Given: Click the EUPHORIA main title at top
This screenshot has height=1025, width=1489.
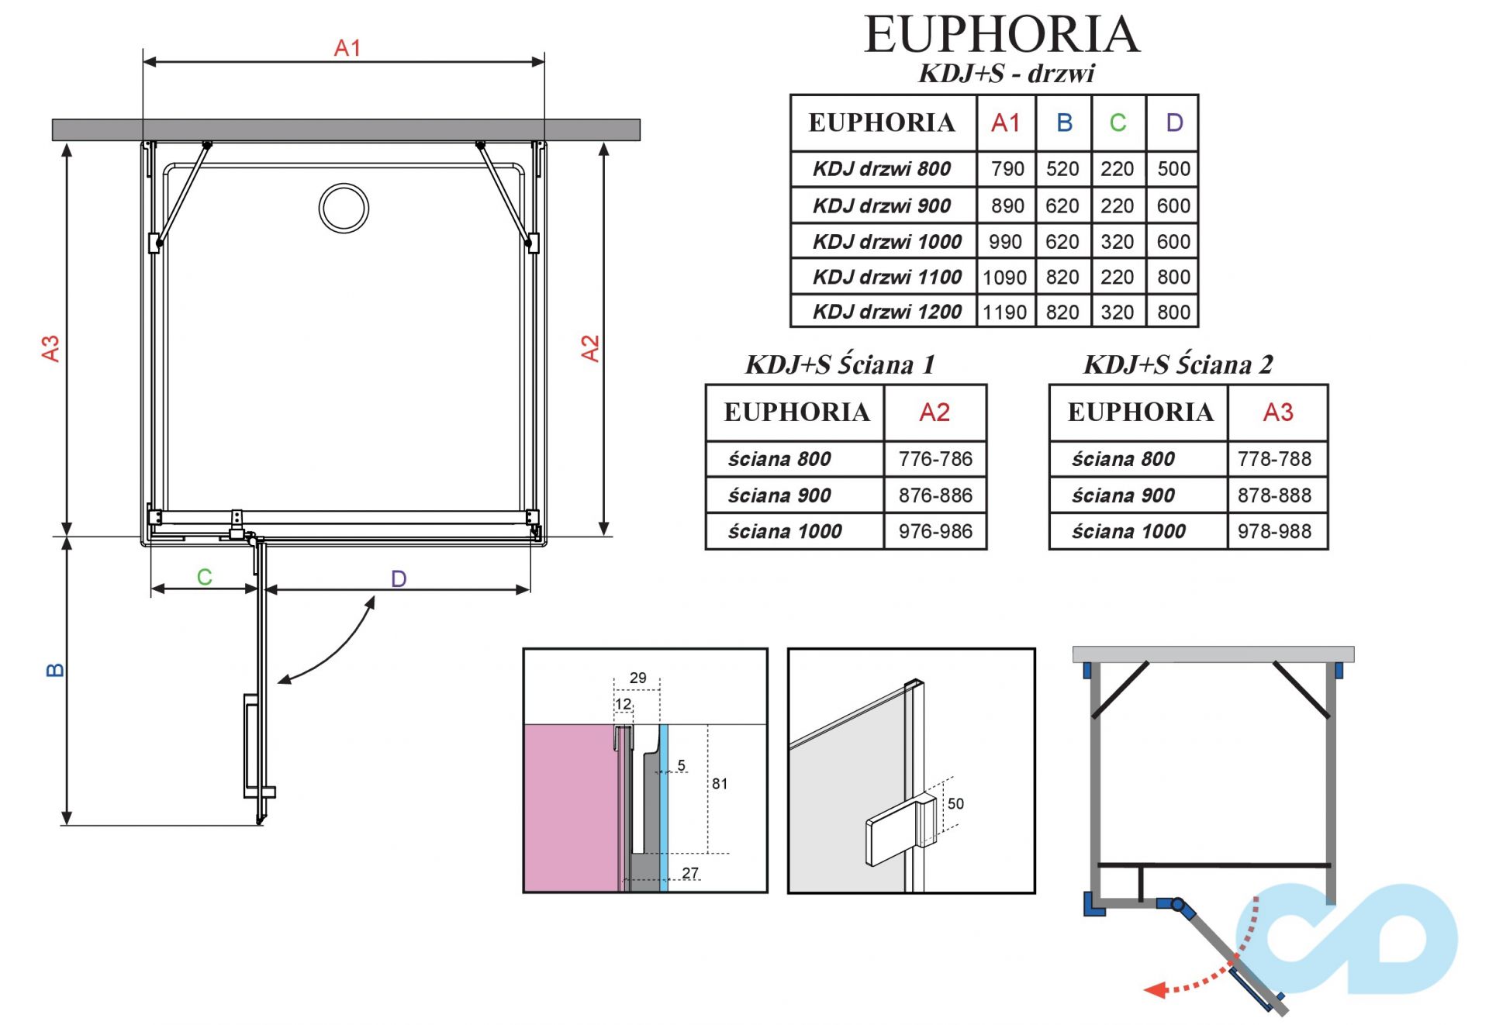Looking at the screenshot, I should [x=1001, y=35].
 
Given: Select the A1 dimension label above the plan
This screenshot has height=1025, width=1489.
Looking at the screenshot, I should [x=347, y=48].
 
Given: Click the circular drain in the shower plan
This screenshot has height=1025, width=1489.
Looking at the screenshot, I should [x=344, y=208].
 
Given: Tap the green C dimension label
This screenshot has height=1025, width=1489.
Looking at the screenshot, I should [x=204, y=577].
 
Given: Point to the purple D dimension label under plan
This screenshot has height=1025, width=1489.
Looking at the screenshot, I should [x=399, y=578].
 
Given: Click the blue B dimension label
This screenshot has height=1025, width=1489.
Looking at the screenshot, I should [x=55, y=670].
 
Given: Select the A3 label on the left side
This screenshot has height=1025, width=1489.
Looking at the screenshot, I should [x=50, y=348].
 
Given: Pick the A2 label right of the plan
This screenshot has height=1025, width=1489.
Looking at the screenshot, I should [x=590, y=348].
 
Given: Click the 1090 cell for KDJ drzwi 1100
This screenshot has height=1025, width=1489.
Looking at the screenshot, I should [x=1004, y=278].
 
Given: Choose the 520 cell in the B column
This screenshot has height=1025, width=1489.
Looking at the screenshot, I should [x=1062, y=169].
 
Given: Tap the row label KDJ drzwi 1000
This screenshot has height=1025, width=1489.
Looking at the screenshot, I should [x=886, y=242].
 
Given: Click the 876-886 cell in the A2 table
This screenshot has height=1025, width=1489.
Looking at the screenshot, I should [x=935, y=495].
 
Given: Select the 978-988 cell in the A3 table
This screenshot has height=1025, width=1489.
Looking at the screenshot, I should [x=1273, y=531].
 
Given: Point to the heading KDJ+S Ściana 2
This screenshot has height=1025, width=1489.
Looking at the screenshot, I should [x=1177, y=364].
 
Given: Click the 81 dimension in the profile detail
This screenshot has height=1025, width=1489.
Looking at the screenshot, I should [x=720, y=784].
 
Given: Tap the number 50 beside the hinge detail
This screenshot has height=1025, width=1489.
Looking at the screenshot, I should [x=955, y=804].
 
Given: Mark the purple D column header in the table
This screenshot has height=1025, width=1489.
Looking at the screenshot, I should [x=1173, y=123].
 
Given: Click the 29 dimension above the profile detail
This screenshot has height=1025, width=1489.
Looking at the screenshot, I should [x=637, y=678].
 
